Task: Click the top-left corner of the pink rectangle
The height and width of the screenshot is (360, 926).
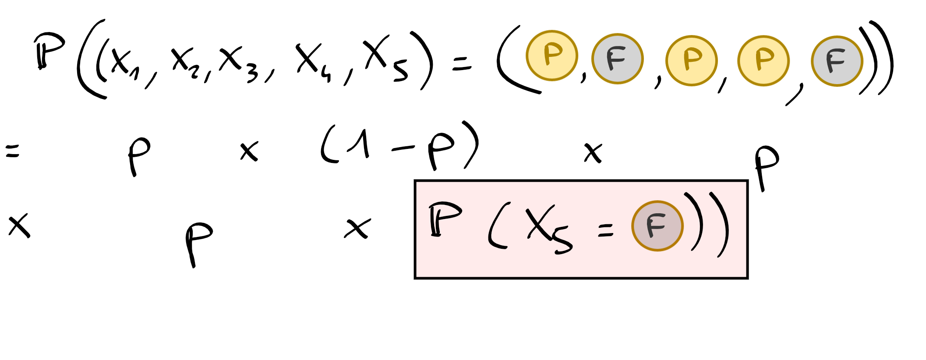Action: point(415,181)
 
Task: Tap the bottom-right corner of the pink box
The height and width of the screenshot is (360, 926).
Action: point(747,278)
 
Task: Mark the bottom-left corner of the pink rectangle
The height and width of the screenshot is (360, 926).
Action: point(415,278)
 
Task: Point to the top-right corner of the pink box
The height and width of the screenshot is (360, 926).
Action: point(747,181)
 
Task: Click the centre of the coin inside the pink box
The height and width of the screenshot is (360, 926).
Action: point(657,226)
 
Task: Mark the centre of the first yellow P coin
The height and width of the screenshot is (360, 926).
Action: point(552,56)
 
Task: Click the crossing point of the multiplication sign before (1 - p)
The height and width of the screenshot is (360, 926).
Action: point(249,152)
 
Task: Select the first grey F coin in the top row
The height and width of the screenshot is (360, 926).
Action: point(617,58)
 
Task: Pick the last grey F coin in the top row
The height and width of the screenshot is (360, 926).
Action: point(837,61)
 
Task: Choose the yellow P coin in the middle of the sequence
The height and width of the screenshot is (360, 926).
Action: point(691,60)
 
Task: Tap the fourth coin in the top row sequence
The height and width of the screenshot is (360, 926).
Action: point(763,60)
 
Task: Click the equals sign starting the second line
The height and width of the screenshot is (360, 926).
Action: point(12,152)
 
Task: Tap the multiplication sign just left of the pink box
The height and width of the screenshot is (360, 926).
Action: point(357,229)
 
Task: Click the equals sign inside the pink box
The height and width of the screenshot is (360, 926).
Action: point(605,230)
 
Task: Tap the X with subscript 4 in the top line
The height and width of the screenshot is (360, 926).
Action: point(313,60)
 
